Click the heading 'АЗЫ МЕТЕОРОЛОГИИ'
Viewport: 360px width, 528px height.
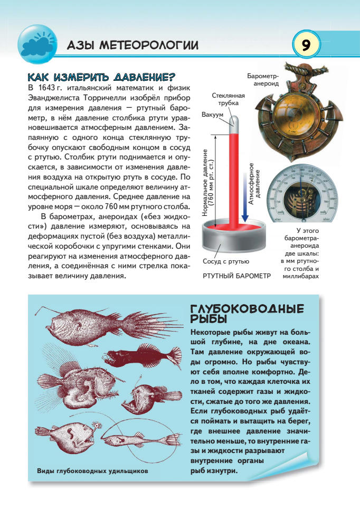coord(132,46)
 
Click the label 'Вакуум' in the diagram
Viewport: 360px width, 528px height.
coord(211,115)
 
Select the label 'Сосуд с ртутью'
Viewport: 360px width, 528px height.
coord(226,261)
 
